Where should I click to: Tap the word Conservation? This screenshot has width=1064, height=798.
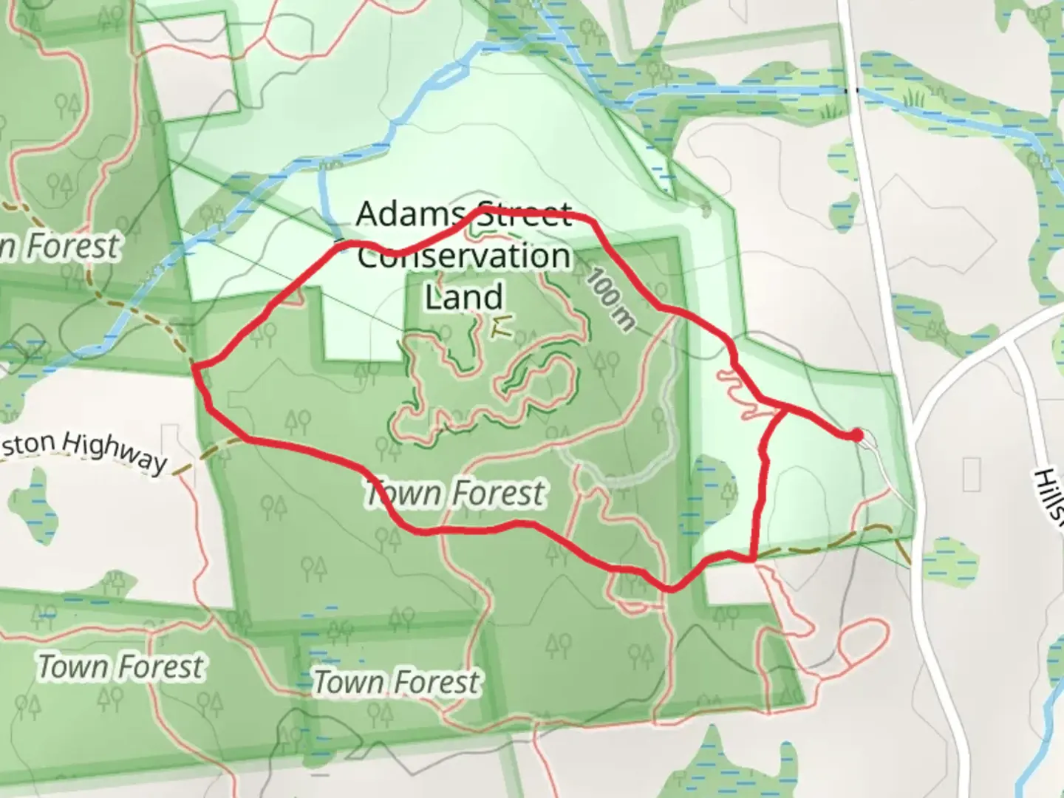[464, 256]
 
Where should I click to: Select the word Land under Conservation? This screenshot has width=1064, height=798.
[464, 296]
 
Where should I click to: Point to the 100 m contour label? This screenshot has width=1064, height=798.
[611, 298]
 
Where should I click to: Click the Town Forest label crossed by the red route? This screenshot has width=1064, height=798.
[456, 493]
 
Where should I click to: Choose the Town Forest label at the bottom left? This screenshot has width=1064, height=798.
[120, 666]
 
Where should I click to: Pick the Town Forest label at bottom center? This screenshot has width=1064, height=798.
[397, 682]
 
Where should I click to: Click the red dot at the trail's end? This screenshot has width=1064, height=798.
[856, 435]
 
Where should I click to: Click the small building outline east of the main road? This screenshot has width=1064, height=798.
[972, 474]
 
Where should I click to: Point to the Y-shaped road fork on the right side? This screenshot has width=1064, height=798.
[1009, 344]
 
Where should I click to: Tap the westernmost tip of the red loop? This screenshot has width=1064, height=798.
[194, 365]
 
